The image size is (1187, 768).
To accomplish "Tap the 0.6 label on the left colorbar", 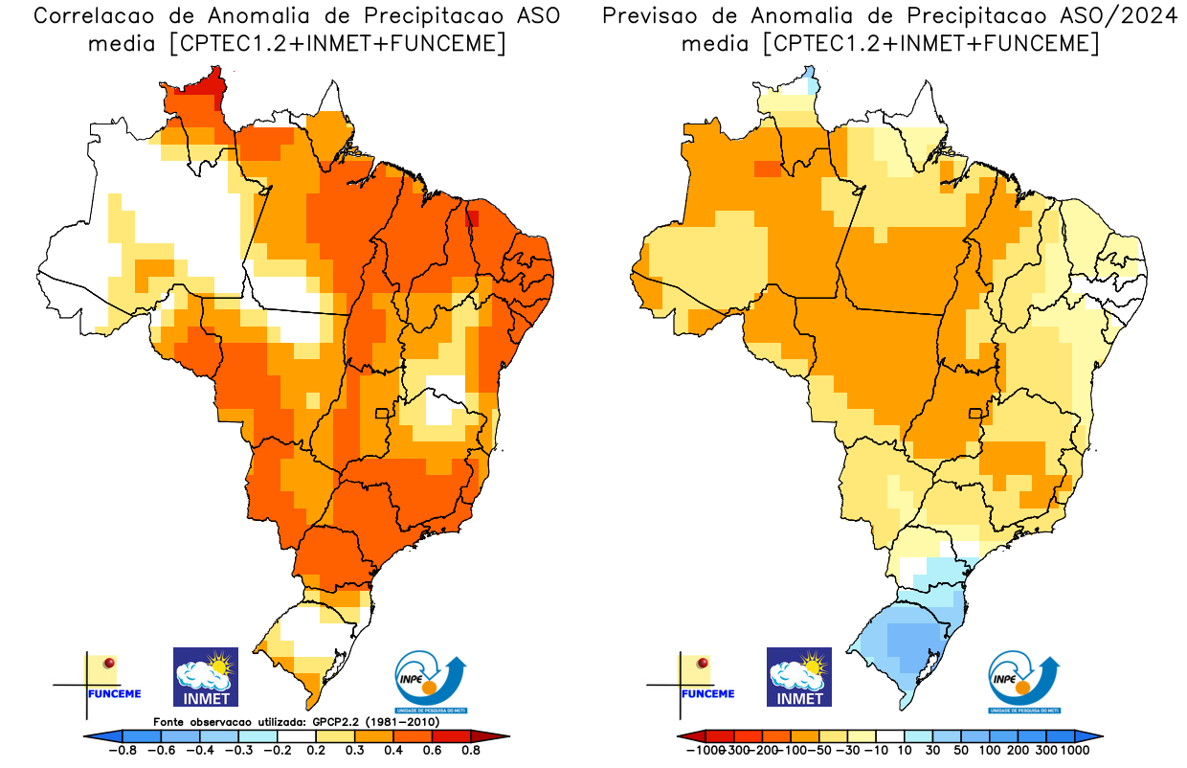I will point(431,751).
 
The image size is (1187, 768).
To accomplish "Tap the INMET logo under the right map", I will point(799,676).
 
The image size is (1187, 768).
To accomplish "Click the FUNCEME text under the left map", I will point(114,693).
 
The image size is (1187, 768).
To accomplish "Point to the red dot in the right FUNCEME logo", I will point(704,663).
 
